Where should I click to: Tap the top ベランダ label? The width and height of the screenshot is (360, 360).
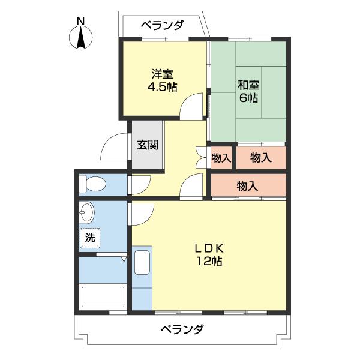(x=162, y=26)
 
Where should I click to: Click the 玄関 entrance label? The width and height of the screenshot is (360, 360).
(x=147, y=145)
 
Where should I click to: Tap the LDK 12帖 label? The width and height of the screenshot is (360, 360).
(x=208, y=254)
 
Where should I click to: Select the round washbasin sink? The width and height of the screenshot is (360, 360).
(x=88, y=213)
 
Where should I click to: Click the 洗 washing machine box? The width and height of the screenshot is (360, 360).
(x=90, y=237)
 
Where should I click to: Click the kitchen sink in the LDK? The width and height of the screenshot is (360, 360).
(x=142, y=263)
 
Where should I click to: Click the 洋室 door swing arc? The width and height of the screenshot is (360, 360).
(x=193, y=106)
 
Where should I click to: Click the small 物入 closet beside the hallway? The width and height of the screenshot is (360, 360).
(x=221, y=158)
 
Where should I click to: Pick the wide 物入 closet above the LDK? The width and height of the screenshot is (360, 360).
(x=247, y=186)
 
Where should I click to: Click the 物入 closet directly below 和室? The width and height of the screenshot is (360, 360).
(x=260, y=158)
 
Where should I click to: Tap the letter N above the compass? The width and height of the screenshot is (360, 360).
(x=80, y=20)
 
